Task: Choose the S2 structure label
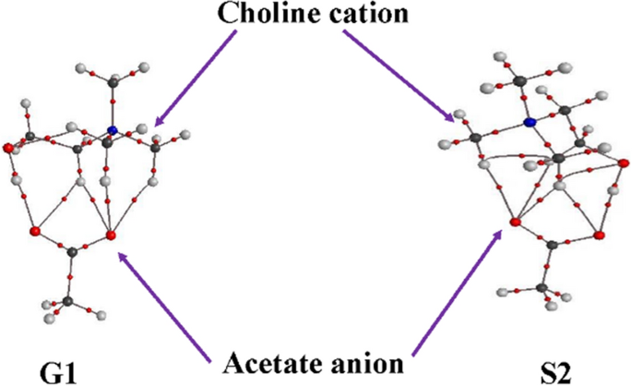point(556,372)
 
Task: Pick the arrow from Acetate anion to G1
point(165,300)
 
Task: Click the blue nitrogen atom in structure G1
point(112,130)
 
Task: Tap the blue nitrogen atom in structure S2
point(530,122)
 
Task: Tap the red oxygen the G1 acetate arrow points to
point(111,236)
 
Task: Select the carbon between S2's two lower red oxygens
point(551,246)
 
